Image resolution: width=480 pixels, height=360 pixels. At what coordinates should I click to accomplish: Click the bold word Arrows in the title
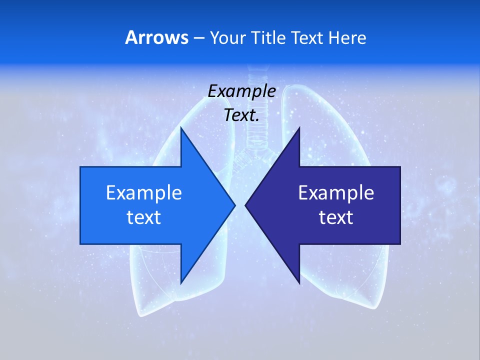click(x=157, y=37)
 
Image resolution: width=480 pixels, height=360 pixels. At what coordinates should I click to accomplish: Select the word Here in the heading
click(x=347, y=37)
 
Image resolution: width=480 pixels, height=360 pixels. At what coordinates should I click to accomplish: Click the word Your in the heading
click(x=226, y=37)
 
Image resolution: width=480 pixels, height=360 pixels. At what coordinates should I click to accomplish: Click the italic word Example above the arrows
click(x=241, y=91)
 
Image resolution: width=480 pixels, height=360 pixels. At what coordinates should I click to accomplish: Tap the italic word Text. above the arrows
click(x=241, y=115)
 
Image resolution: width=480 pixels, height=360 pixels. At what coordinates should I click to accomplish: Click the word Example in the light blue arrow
click(x=144, y=192)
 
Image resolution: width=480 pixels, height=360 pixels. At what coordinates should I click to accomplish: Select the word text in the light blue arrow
click(x=144, y=217)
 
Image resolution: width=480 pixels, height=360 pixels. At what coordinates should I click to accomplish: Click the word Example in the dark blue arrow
click(x=336, y=192)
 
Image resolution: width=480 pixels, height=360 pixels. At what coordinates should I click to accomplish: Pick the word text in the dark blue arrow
click(x=336, y=217)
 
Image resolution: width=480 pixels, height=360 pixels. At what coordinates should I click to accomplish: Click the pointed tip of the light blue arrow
click(x=234, y=205)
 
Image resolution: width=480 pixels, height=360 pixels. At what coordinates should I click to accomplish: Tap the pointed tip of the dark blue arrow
click(x=246, y=205)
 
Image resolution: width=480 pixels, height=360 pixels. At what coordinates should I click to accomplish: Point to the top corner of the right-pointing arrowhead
click(x=181, y=128)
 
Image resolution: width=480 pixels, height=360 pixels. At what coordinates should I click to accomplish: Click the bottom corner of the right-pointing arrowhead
click(x=181, y=282)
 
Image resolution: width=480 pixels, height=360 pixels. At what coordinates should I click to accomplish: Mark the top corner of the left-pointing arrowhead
click(x=299, y=128)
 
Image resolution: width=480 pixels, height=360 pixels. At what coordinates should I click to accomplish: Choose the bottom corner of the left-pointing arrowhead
click(x=299, y=282)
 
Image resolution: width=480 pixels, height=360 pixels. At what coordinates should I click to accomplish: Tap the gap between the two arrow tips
click(x=240, y=205)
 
